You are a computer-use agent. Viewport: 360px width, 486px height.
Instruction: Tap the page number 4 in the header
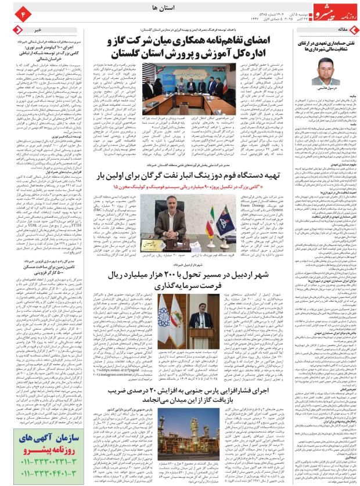(x=8, y=11)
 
